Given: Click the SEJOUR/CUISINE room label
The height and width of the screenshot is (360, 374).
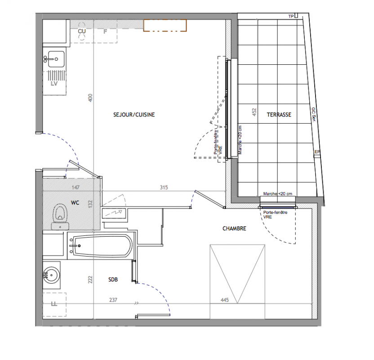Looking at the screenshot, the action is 134,115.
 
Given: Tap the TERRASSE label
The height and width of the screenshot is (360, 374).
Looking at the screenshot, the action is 279,115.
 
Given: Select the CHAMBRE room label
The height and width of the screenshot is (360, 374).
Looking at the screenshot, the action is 234,229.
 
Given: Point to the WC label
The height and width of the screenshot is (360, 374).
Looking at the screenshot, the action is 75,202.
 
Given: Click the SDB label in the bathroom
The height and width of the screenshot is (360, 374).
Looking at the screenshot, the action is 113,279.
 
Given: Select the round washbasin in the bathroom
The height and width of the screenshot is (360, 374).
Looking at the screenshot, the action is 51,275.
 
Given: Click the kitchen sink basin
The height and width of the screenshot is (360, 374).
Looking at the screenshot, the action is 56,59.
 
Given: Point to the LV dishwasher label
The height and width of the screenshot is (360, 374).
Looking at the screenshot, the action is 54,84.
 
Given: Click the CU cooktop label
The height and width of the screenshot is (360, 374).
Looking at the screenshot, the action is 82,31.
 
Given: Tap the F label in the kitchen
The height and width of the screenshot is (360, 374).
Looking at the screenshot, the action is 105,31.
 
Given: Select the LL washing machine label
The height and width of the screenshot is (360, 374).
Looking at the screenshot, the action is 54,304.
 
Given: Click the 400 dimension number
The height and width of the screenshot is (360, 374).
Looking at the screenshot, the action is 90,98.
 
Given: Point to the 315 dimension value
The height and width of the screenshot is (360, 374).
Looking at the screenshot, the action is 164,187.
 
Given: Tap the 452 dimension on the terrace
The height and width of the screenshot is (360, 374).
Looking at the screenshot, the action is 254,112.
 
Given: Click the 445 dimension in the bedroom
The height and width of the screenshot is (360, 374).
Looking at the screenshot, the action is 225,300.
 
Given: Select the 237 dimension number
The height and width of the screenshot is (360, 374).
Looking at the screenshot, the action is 113,300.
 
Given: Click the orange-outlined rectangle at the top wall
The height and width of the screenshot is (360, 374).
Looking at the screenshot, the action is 165,26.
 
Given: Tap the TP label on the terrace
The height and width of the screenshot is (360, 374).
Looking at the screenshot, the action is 291,17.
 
